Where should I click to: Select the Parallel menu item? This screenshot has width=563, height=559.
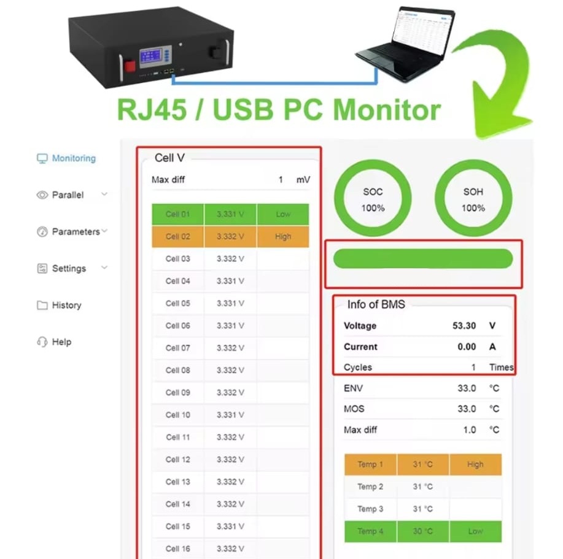tap(68, 195)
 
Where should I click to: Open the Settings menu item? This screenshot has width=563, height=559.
tap(69, 269)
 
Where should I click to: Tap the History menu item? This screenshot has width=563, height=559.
tap(66, 306)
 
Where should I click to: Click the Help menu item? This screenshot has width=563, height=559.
tap(61, 342)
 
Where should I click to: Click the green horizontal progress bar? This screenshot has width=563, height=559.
tap(422, 258)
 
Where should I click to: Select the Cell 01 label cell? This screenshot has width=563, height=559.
tap(177, 214)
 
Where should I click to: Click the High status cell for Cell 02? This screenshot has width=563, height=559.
tap(283, 236)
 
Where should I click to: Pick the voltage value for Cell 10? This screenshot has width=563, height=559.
tap(230, 415)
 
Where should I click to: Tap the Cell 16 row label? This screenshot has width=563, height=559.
tap(177, 549)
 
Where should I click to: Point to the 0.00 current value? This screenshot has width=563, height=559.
tap(467, 347)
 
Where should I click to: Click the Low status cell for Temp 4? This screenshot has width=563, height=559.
tap(475, 531)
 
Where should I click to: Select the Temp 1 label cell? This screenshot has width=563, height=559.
tap(370, 465)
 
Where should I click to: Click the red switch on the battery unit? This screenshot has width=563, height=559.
tap(130, 67)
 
